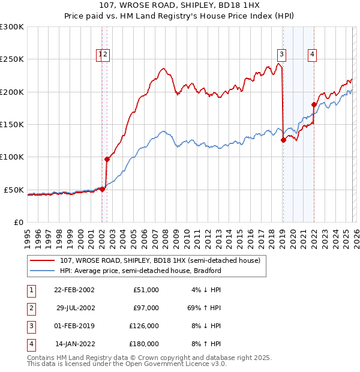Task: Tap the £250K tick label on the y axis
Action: click(x=12, y=59)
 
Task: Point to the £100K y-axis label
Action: click(x=12, y=157)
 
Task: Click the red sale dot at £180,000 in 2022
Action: click(x=314, y=104)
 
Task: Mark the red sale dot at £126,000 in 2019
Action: click(x=283, y=140)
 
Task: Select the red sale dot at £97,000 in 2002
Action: click(x=107, y=159)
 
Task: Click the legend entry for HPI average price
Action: click(x=141, y=271)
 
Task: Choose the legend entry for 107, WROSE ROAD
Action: click(x=160, y=260)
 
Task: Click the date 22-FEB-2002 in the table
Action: click(x=74, y=290)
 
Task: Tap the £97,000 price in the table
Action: click(x=146, y=308)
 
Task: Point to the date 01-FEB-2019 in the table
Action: click(x=74, y=326)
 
